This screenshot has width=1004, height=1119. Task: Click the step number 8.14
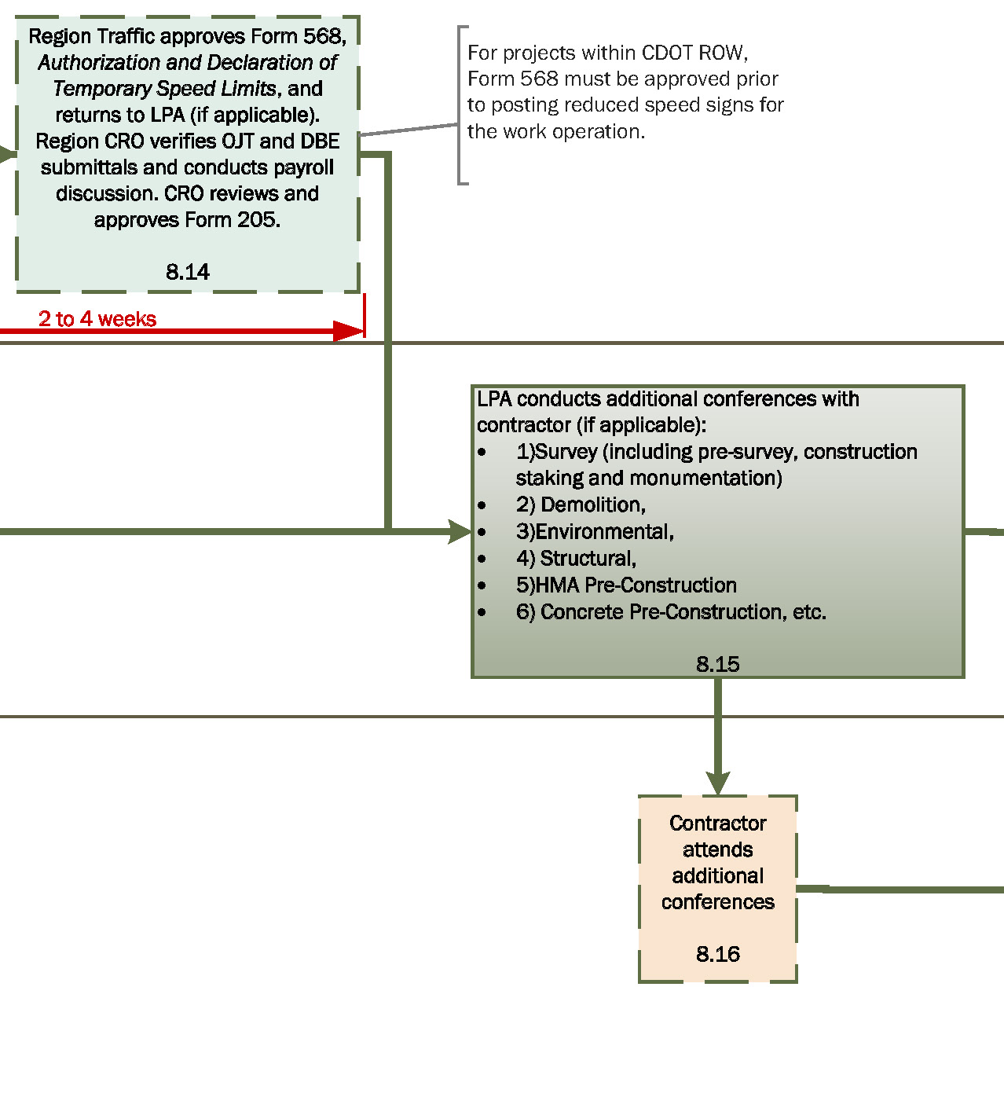188,272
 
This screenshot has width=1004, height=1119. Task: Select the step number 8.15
717,664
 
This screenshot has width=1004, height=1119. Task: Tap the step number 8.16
717,954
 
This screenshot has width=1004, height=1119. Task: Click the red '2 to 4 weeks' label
97,318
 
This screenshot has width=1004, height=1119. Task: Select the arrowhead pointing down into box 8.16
717,783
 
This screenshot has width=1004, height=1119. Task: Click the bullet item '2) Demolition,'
581,504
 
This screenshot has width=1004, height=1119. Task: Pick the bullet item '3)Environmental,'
595,532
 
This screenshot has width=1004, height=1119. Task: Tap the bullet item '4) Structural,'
576,559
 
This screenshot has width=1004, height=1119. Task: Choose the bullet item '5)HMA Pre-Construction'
626,585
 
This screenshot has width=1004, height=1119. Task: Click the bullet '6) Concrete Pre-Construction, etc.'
671,612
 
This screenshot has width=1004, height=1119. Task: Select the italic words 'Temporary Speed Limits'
164,89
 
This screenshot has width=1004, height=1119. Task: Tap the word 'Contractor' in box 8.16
717,824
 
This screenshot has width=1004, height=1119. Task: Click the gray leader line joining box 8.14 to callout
409,130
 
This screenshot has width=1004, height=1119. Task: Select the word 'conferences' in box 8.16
717,902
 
